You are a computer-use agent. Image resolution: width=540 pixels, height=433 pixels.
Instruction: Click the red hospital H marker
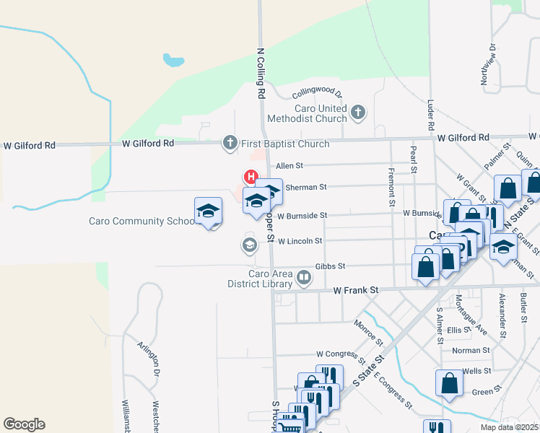coord(251,176)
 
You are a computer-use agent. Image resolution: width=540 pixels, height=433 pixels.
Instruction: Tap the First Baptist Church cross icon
coord(230,142)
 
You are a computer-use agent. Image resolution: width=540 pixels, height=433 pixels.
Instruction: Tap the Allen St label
coord(289,166)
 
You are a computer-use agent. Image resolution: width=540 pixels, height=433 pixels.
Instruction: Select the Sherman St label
coord(307,187)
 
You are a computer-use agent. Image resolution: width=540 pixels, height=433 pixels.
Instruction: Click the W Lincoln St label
coord(300,240)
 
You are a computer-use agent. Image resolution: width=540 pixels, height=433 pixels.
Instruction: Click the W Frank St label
coord(356,290)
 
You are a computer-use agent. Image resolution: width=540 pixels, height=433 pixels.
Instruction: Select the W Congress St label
coord(341,354)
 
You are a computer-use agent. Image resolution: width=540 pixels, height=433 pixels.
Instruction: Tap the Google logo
coord(24,424)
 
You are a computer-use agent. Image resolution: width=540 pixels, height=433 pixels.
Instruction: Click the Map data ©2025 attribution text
coord(510,427)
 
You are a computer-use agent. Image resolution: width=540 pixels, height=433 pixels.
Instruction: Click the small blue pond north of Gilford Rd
coord(173,59)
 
